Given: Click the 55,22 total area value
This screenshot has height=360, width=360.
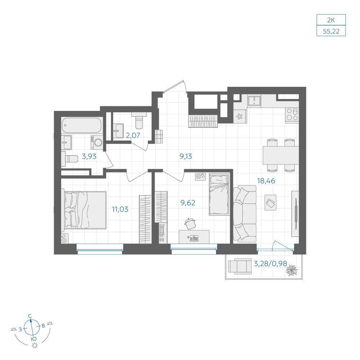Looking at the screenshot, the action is pyautogui.click(x=331, y=31).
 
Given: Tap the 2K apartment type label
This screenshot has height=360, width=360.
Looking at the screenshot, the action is pyautogui.click(x=331, y=20).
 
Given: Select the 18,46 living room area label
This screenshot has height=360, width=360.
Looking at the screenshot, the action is pyautogui.click(x=266, y=181).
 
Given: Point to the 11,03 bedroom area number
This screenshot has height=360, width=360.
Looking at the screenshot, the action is pyautogui.click(x=120, y=209).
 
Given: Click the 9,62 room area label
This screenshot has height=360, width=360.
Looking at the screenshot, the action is pyautogui.click(x=188, y=203).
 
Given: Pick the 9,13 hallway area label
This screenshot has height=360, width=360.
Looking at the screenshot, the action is pyautogui.click(x=186, y=156).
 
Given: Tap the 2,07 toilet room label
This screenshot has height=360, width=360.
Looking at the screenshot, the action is pyautogui.click(x=133, y=135).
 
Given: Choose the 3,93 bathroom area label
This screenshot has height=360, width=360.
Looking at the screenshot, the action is pyautogui.click(x=89, y=157).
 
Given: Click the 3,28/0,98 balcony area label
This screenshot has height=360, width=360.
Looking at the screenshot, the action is pyautogui.click(x=270, y=264).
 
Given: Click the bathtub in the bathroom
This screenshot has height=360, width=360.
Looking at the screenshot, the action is pyautogui.click(x=81, y=125).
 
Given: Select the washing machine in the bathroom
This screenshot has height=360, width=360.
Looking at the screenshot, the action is pyautogui.click(x=96, y=142).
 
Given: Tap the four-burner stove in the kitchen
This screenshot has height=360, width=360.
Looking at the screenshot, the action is pyautogui.click(x=292, y=115).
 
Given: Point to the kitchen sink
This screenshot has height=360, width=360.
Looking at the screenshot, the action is pyautogui.click(x=254, y=101).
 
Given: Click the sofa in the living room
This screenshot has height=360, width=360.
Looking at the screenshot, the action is pyautogui.click(x=244, y=214).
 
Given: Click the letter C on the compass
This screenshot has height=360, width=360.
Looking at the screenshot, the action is pyautogui.click(x=30, y=316).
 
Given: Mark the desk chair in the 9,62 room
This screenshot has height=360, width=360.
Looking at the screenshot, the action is pyautogui.click(x=190, y=224).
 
